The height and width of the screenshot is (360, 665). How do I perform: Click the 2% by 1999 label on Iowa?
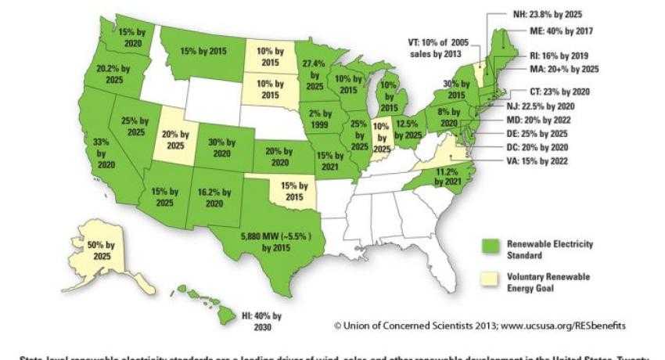pos(322,119)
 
